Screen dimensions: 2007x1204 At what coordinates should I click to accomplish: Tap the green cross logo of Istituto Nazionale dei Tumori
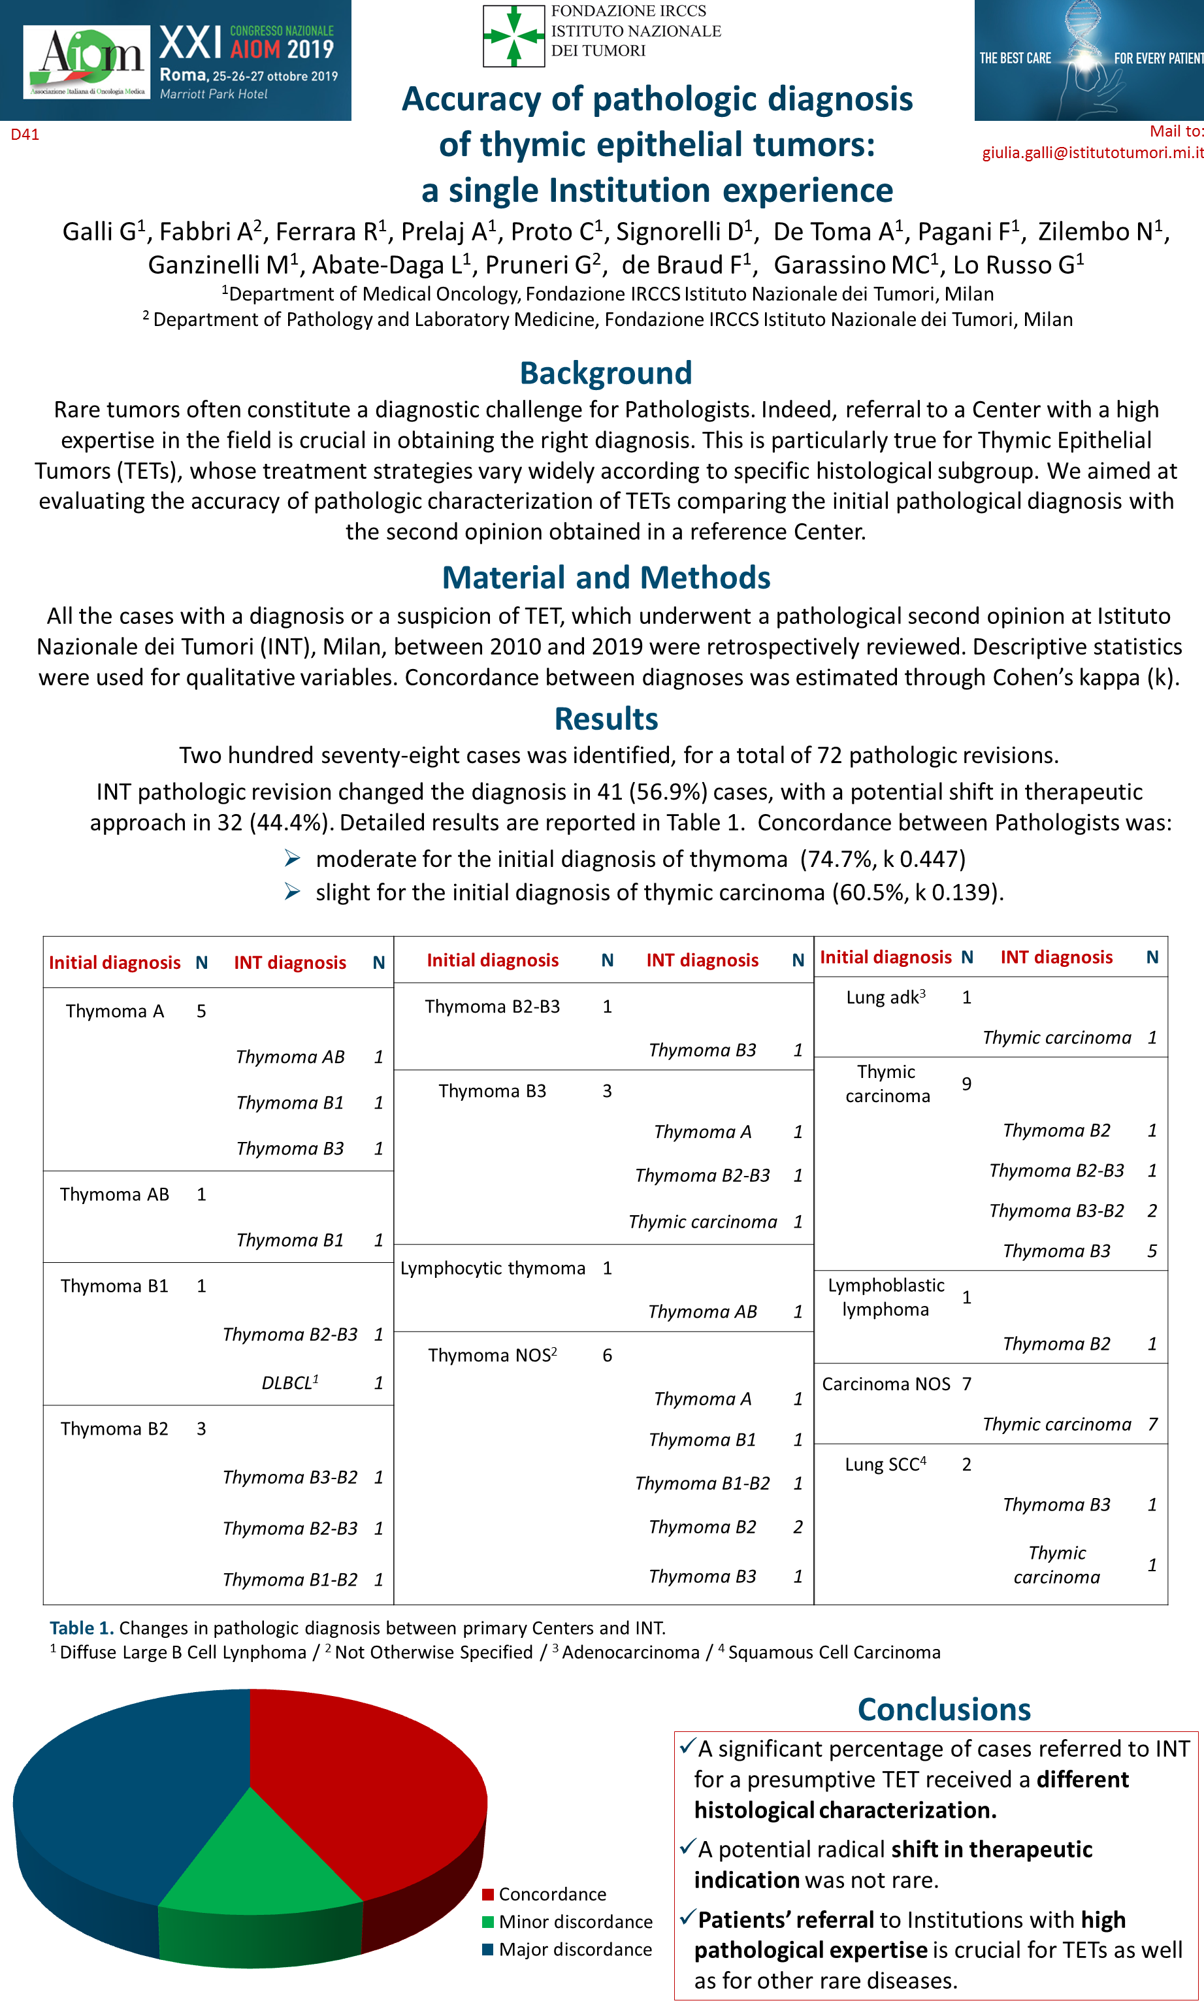(513, 36)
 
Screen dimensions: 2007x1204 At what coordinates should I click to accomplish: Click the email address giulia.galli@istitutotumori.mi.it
(1092, 152)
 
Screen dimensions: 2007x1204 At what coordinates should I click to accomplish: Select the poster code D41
(24, 135)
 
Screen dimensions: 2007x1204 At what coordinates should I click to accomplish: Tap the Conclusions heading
(943, 1709)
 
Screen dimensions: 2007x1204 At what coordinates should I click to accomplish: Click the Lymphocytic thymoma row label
(493, 1268)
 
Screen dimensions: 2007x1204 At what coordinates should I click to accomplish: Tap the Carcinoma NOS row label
(886, 1384)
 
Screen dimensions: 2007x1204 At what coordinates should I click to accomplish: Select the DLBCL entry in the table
(289, 1382)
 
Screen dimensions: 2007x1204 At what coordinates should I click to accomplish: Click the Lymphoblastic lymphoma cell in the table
(886, 1297)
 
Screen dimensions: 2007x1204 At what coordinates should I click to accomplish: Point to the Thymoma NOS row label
(493, 1355)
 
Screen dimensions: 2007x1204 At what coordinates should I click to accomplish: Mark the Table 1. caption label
(81, 1628)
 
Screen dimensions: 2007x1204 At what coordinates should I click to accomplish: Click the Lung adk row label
(885, 997)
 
